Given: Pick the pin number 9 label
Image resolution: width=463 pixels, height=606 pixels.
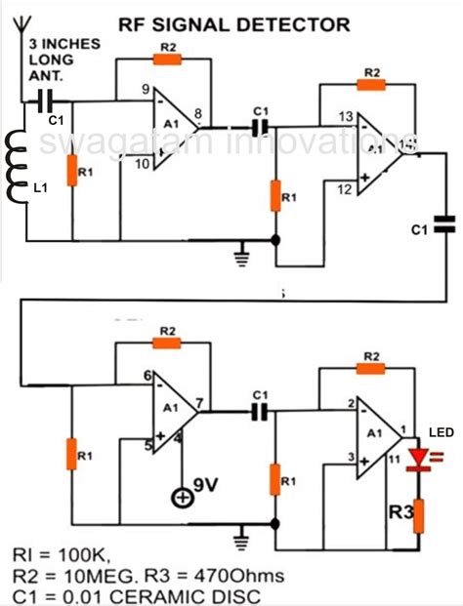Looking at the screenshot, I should tap(146, 92).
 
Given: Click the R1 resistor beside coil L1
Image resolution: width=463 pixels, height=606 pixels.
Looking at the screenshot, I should tap(70, 174).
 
